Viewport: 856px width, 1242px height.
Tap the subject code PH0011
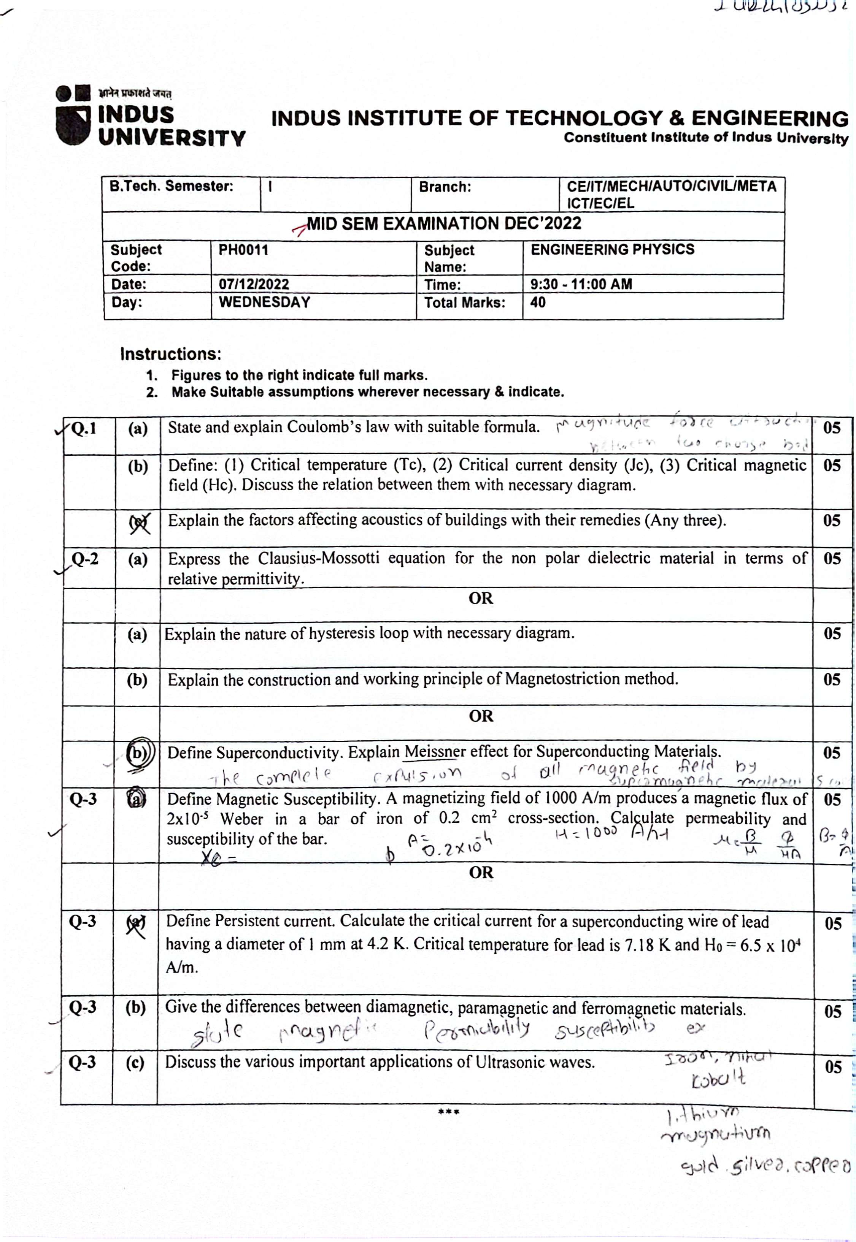[243, 250]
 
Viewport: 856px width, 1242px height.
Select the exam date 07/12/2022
[254, 284]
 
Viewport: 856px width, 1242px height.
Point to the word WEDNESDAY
[264, 302]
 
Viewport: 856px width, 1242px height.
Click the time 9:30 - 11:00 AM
[581, 284]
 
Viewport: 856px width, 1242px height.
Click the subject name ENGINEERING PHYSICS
[612, 249]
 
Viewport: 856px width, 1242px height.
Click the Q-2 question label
[85, 559]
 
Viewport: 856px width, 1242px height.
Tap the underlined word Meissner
[435, 752]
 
